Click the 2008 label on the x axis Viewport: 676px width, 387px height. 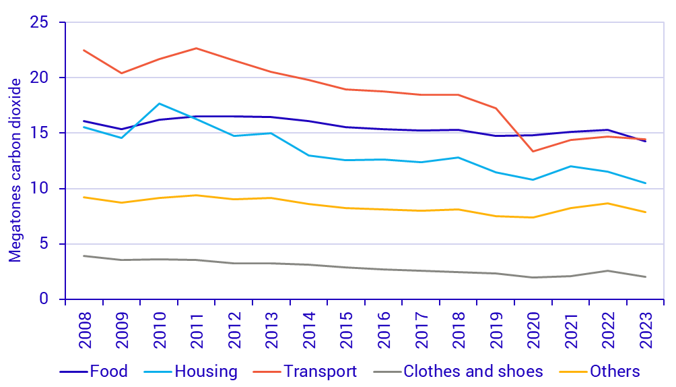[84, 328]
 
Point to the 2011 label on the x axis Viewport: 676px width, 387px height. [196, 328]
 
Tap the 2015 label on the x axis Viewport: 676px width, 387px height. [346, 328]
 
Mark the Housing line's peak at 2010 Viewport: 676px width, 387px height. [159, 103]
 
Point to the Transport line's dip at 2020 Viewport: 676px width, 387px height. [533, 151]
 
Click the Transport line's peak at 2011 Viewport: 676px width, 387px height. [196, 48]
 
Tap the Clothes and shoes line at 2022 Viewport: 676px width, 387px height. [608, 271]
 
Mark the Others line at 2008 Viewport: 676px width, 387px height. [84, 197]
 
